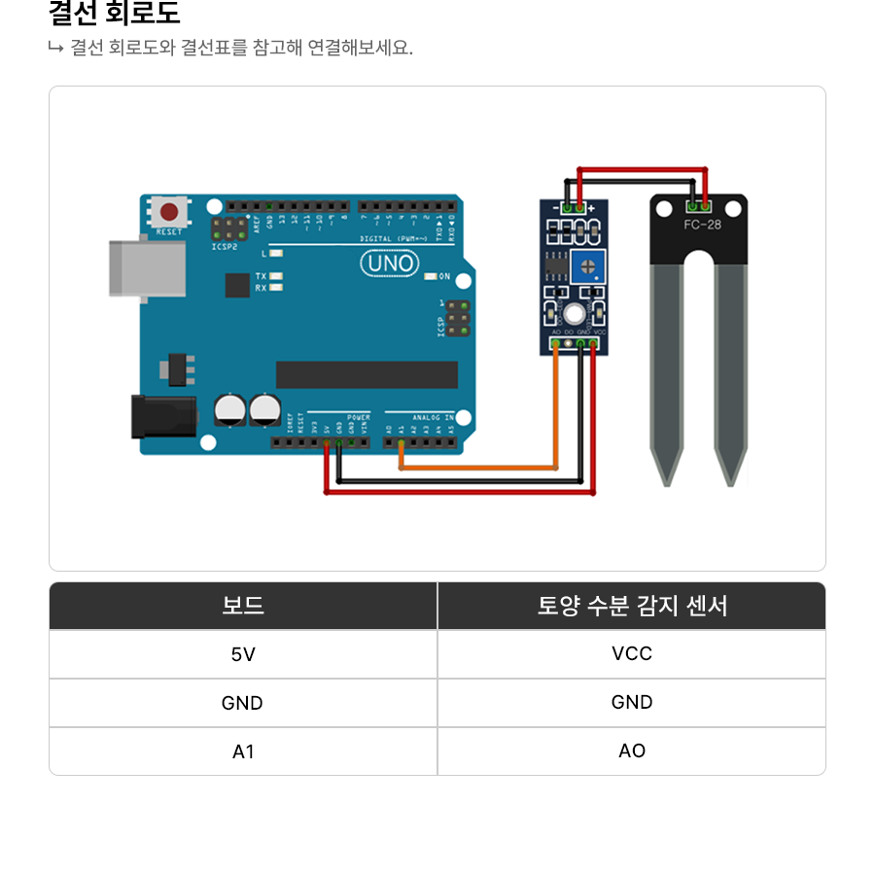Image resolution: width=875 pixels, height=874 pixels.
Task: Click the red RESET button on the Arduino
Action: click(170, 212)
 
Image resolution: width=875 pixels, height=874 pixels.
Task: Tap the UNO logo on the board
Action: click(391, 263)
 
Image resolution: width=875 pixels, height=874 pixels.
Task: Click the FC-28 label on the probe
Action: click(702, 225)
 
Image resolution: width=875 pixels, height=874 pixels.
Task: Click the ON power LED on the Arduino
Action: click(431, 276)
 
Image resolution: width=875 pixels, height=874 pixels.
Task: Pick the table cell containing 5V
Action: click(243, 654)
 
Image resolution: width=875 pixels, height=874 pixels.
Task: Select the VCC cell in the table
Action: click(632, 654)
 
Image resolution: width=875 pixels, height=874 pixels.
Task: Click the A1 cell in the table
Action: click(243, 752)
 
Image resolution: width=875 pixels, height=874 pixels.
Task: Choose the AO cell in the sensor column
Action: click(632, 752)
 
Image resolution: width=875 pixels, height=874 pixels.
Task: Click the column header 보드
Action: click(243, 606)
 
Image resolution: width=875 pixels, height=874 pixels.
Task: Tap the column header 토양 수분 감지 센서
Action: click(632, 606)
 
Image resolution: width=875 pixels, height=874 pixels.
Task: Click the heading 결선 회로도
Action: click(115, 15)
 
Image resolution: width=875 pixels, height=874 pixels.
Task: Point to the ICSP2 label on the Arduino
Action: click(225, 247)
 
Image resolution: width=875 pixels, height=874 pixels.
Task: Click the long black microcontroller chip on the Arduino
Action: click(367, 374)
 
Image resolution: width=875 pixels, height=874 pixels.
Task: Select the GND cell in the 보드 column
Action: click(243, 703)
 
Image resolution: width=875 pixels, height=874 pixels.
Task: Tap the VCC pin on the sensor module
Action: click(593, 342)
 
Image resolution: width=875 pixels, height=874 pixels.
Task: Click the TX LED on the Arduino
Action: click(275, 277)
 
